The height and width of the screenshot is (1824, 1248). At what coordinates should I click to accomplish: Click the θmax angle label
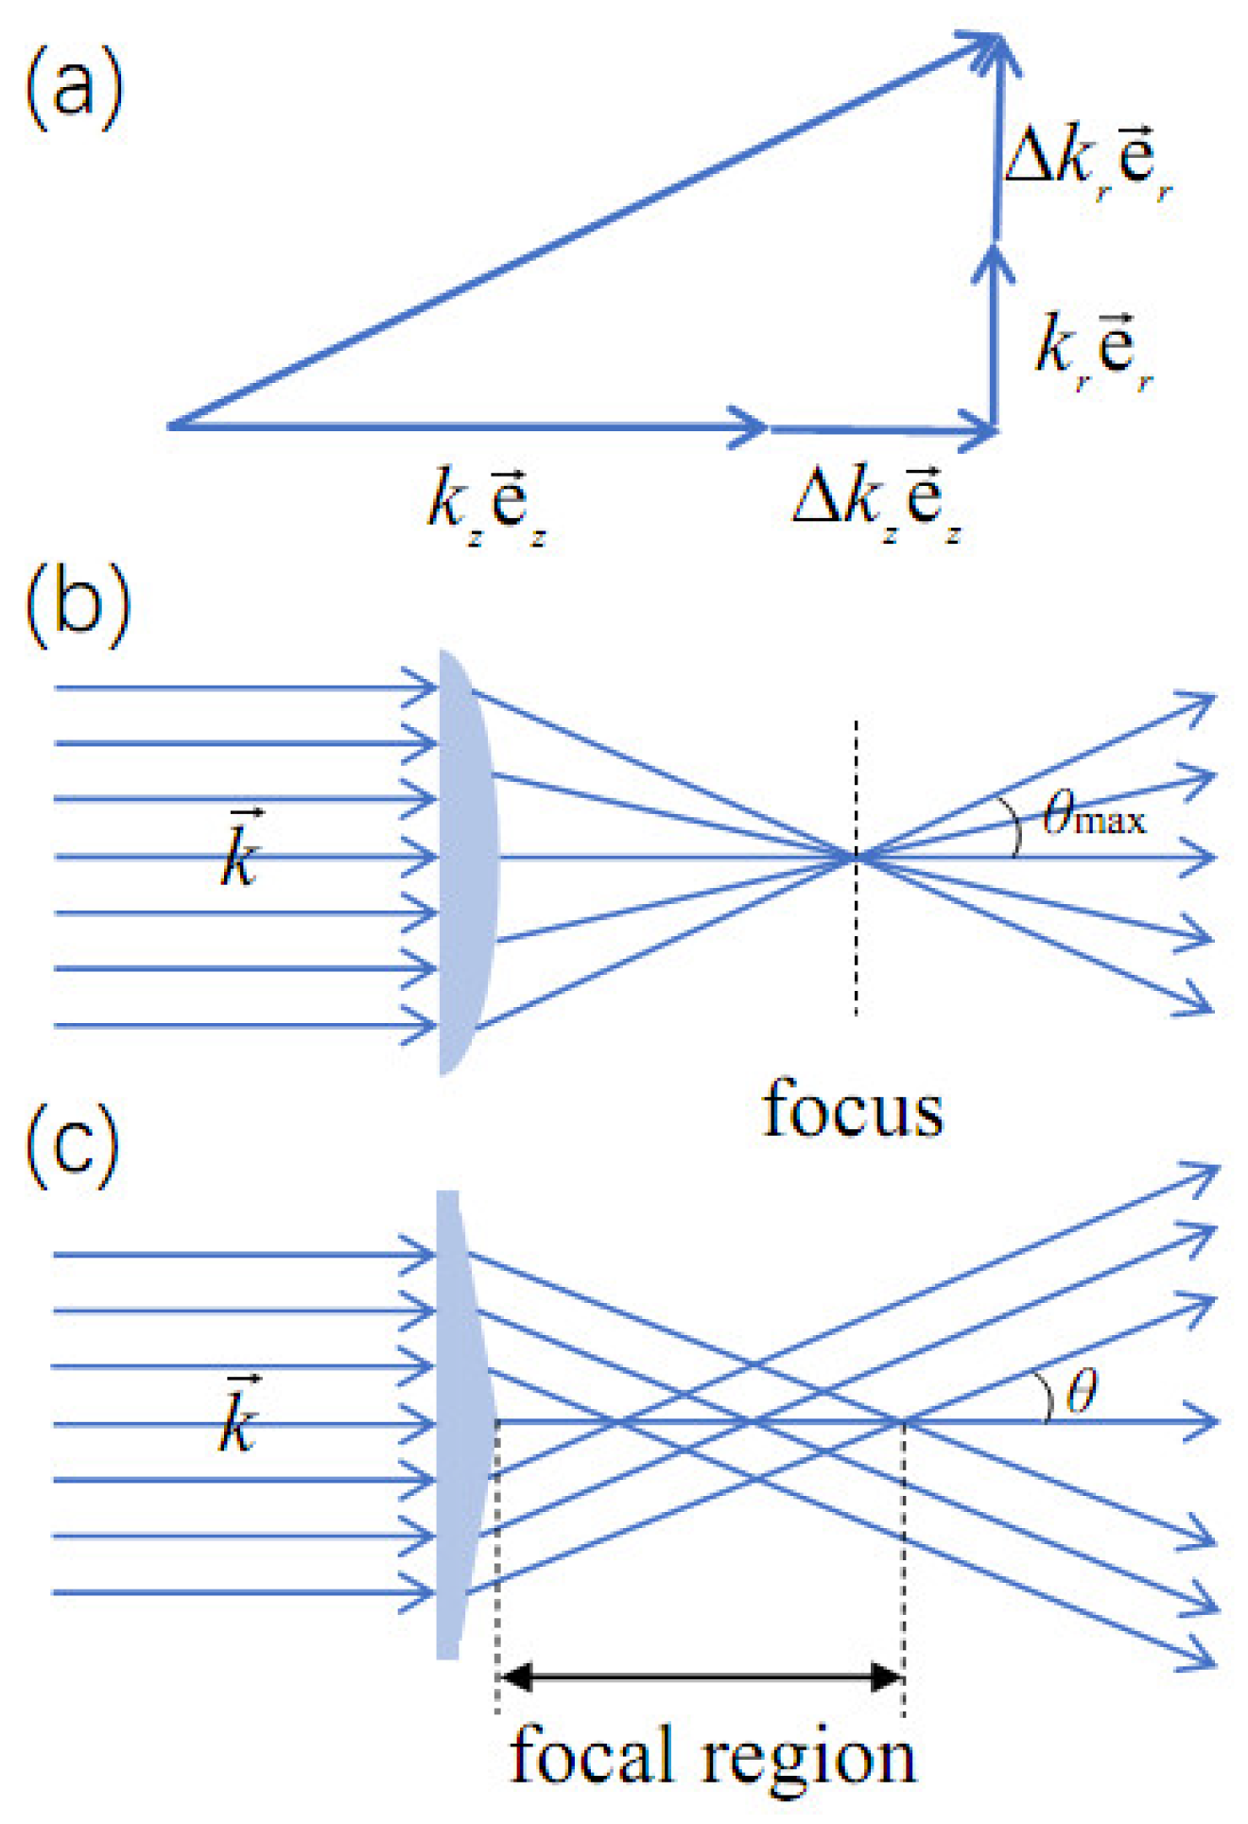1093,815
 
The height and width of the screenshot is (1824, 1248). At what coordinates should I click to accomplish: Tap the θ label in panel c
1082,1392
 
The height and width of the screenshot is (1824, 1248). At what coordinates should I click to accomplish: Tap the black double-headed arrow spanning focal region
701,1678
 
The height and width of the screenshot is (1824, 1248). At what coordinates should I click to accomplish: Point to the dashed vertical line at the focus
857,946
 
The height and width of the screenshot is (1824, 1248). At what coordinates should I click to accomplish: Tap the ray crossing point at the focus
857,857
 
